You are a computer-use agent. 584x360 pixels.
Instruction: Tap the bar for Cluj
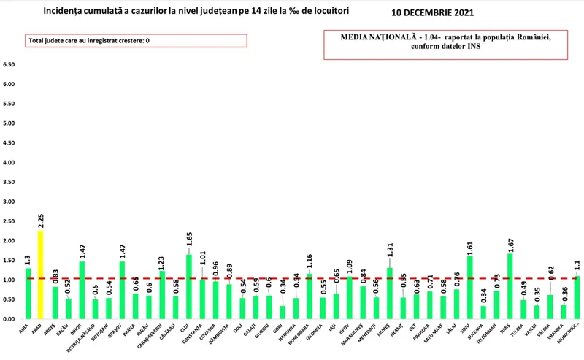tap(190, 287)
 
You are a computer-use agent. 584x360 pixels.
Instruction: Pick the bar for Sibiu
tap(469, 288)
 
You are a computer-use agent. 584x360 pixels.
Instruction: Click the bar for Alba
tap(28, 294)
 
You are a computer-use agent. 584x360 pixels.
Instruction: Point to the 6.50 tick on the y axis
tap(9, 65)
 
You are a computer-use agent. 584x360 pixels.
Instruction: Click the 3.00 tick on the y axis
tap(9, 202)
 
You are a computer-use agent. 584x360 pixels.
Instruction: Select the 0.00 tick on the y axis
tap(9, 319)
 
